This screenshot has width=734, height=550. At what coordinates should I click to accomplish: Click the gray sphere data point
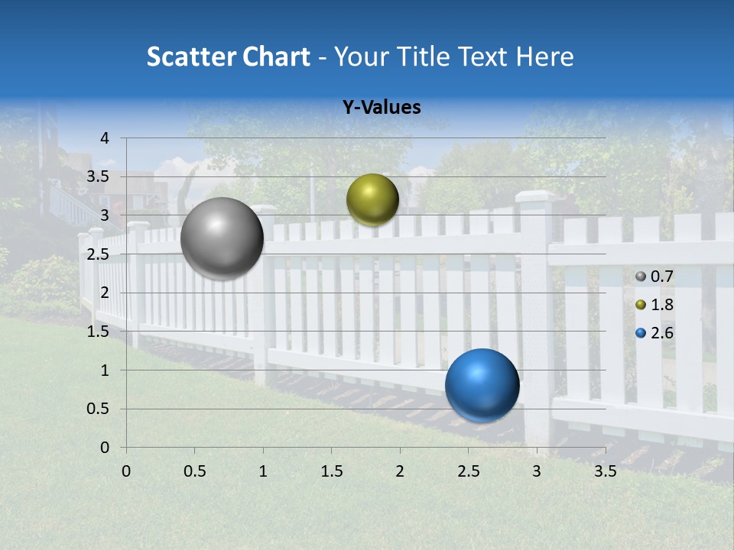222,238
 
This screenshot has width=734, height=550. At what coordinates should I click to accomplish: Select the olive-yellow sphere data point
372,199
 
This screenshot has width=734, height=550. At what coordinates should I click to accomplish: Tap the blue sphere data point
482,385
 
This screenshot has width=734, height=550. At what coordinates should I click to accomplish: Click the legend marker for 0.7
641,277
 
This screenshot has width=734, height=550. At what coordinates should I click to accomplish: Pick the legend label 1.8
661,305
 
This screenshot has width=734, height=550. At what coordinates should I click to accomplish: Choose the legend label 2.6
661,333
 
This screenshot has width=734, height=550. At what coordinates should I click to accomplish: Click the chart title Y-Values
381,108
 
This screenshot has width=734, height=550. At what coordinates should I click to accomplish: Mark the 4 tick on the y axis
105,138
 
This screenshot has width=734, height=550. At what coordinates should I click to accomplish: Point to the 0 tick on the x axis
126,471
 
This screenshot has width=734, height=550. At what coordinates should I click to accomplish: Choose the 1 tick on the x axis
263,471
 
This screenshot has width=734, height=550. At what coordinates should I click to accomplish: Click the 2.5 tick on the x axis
468,471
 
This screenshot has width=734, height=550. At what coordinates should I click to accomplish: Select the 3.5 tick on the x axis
605,471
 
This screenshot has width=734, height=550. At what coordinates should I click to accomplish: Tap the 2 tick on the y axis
105,293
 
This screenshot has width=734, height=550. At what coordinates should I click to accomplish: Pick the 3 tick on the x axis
537,471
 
